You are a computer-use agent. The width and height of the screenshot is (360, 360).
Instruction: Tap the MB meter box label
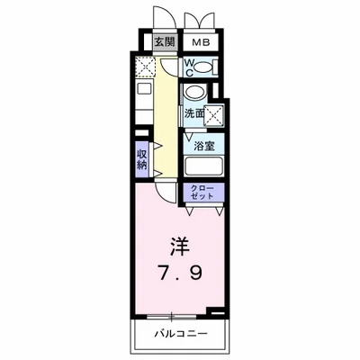pyautogui.click(x=198, y=41)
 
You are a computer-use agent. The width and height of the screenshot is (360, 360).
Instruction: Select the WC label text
pyautogui.click(x=191, y=67)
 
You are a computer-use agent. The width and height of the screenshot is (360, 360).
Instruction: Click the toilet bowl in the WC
pyautogui.click(x=205, y=67)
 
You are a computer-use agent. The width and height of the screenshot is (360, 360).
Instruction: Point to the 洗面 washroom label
pyautogui.click(x=193, y=113)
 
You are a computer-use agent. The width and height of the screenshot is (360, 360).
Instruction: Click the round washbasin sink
pyautogui.click(x=194, y=94)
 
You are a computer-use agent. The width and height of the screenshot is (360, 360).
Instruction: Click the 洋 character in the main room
pyautogui.click(x=180, y=246)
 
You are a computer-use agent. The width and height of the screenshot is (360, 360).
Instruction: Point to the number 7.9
pyautogui.click(x=180, y=269)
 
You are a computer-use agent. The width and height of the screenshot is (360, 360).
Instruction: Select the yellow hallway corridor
pyautogui.click(x=166, y=117)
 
